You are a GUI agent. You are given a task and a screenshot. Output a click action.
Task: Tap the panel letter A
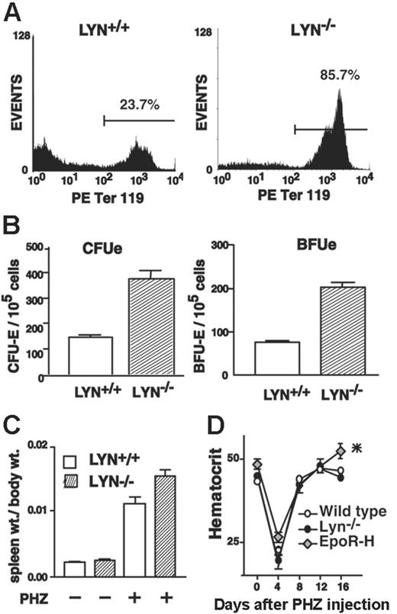click(14, 12)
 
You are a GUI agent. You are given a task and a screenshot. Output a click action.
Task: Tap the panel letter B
click(14, 228)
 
